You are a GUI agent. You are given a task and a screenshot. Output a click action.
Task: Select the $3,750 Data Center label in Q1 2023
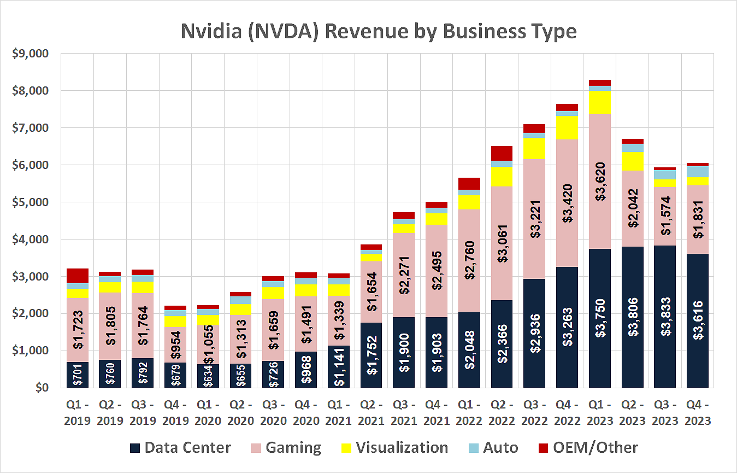[599, 319]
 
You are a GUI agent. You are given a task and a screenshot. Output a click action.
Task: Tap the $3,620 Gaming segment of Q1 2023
[599, 180]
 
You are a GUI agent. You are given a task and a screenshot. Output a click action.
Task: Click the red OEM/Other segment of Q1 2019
[77, 276]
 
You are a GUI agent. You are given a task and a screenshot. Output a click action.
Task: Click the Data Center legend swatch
[135, 448]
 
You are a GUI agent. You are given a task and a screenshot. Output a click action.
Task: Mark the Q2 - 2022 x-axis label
[501, 414]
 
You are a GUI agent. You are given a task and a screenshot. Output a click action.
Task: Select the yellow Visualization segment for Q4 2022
[567, 127]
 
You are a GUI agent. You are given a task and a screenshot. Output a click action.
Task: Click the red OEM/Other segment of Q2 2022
[502, 153]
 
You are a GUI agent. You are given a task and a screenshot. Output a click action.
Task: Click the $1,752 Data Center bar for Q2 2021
[371, 355]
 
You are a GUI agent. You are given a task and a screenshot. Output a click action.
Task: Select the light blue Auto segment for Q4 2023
[698, 171]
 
